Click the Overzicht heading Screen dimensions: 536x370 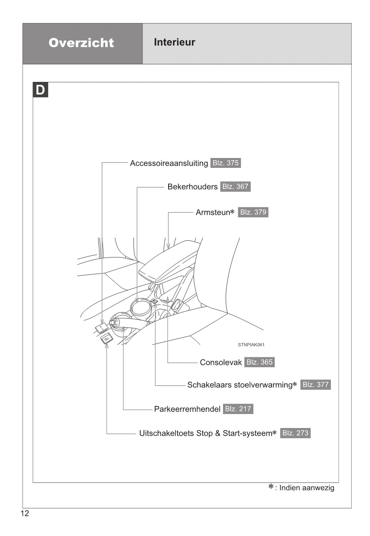pos(81,43)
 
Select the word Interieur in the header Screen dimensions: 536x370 pos(174,43)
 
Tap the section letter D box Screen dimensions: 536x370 pos(40,90)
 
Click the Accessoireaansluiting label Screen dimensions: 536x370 pos(169,163)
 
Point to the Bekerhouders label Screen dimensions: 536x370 pos(192,186)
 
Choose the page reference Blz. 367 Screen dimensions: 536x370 pos(235,186)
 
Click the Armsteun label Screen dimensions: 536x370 pos(214,212)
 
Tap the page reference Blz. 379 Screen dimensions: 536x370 pos(253,212)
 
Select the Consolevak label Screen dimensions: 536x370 pos(221,362)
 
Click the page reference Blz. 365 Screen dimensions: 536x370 pos(259,362)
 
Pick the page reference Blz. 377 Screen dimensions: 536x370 pos(315,385)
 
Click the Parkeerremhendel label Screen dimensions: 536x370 pos(187,409)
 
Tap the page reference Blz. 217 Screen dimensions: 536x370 pos(238,409)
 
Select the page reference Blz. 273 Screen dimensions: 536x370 pos(295,433)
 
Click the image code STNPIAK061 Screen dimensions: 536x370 pos(251,345)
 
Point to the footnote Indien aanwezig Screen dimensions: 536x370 pos(307,488)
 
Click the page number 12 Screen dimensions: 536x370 pos(24,514)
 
